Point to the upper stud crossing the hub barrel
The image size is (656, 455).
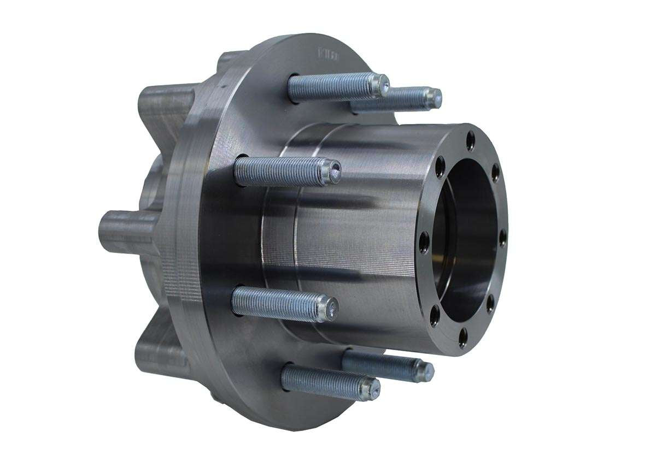click(x=284, y=170)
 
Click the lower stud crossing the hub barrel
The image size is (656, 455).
click(x=282, y=304)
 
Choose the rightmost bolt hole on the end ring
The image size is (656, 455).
click(x=502, y=237)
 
